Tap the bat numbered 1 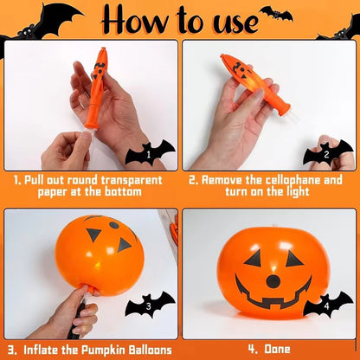click(x=150, y=156)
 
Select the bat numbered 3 click(x=150, y=305)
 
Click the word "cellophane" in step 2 click(x=281, y=179)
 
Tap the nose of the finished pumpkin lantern click(x=273, y=280)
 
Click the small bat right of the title click(x=275, y=13)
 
